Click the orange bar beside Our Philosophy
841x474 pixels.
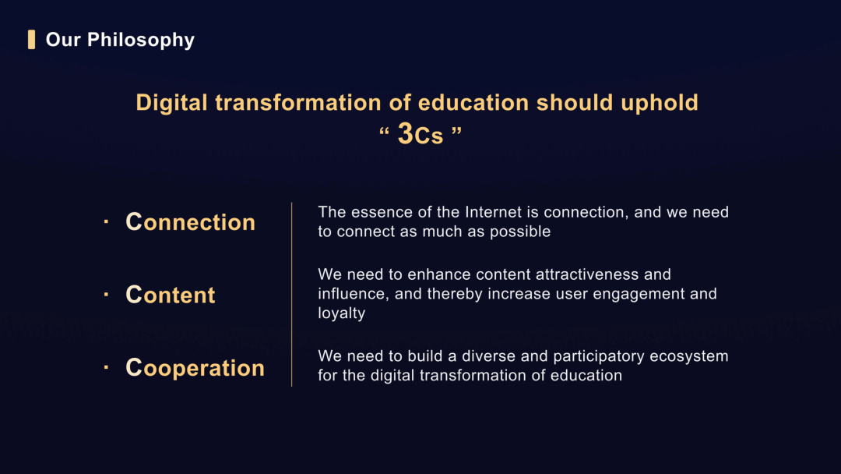tap(32, 40)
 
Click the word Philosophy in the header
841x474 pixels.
tap(140, 41)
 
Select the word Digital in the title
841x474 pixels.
tap(171, 103)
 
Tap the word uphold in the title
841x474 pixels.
tap(660, 103)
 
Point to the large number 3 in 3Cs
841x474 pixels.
tap(406, 133)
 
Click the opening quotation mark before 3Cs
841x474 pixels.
tap(384, 132)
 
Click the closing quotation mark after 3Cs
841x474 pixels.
tap(456, 132)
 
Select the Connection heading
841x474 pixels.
tap(191, 222)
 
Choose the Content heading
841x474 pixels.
tap(171, 295)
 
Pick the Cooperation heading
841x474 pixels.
tap(195, 368)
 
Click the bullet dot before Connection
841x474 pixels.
tap(106, 221)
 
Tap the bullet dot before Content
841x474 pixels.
tap(106, 294)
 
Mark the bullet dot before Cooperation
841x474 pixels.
tap(106, 367)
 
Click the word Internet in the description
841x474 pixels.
tap(494, 212)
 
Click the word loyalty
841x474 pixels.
tap(342, 313)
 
